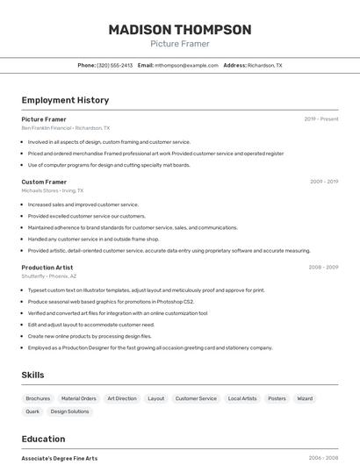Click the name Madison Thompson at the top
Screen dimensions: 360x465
tap(180, 30)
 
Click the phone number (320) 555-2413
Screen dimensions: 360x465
tap(115, 65)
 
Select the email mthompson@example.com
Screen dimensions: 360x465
tap(186, 65)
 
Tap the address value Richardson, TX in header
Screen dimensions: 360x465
tap(265, 65)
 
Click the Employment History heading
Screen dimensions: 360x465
tap(65, 100)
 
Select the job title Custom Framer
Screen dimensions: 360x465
tap(44, 182)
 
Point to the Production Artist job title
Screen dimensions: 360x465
tap(47, 267)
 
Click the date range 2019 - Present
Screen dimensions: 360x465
tap(321, 119)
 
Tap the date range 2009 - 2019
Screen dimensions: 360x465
tap(324, 182)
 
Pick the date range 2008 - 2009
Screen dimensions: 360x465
tap(323, 267)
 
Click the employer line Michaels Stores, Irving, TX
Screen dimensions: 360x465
tap(53, 190)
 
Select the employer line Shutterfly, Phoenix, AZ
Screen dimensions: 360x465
tap(49, 275)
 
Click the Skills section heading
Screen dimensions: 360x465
tap(32, 375)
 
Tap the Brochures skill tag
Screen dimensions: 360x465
tap(38, 398)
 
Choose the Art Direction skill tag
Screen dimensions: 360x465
tap(122, 398)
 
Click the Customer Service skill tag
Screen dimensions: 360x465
tap(196, 398)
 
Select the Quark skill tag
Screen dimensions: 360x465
tap(32, 411)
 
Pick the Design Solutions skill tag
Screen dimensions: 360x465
tap(69, 411)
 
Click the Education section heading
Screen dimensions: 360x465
tap(43, 439)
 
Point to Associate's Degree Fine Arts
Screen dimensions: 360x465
tap(60, 458)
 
